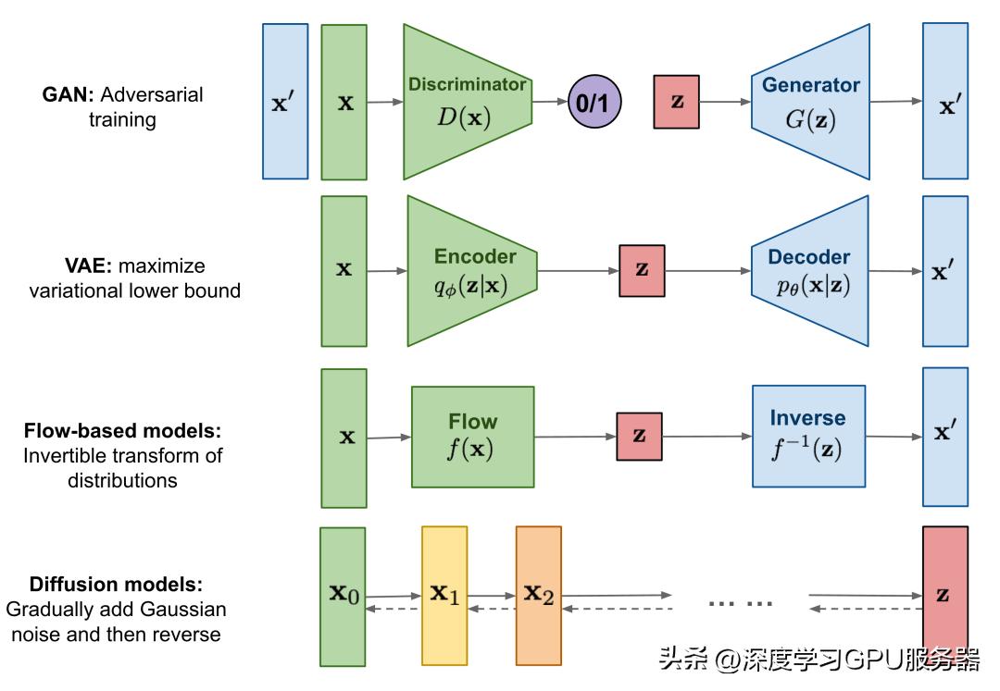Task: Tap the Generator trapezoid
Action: pyautogui.click(x=811, y=102)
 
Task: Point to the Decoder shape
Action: pyautogui.click(x=811, y=271)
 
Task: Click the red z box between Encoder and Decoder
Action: pyautogui.click(x=642, y=270)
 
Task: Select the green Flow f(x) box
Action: pyautogui.click(x=473, y=437)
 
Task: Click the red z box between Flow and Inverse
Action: pyautogui.click(x=639, y=436)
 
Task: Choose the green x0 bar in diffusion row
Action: pyautogui.click(x=343, y=597)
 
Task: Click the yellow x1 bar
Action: pyautogui.click(x=444, y=597)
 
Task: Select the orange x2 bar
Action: pyautogui.click(x=539, y=597)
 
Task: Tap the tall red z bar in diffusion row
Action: pyautogui.click(x=944, y=597)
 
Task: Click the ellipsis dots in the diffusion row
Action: pyautogui.click(x=740, y=602)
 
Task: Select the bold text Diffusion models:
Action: pyautogui.click(x=116, y=585)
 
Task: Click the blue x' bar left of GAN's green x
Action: pyautogui.click(x=285, y=102)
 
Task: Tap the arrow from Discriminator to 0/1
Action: pyautogui.click(x=552, y=102)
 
